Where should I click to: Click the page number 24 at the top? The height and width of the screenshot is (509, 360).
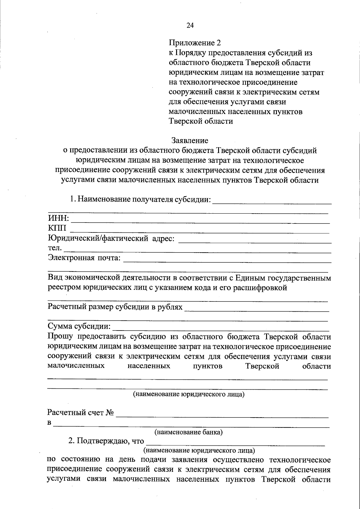coord(190,25)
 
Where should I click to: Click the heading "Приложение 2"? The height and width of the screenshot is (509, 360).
coord(195,43)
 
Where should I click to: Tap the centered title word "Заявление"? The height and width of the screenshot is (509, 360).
coord(190,140)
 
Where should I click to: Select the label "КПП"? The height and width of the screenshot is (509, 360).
coord(57,228)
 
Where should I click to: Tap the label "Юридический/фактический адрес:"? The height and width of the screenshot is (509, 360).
coord(111,238)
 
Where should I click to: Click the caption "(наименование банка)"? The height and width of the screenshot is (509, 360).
coord(188,432)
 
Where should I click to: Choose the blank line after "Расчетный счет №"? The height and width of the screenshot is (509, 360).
coord(222,417)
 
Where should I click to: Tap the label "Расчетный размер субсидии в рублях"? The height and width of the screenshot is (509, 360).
coord(115,307)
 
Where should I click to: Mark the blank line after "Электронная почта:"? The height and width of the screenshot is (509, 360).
coord(227,262)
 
